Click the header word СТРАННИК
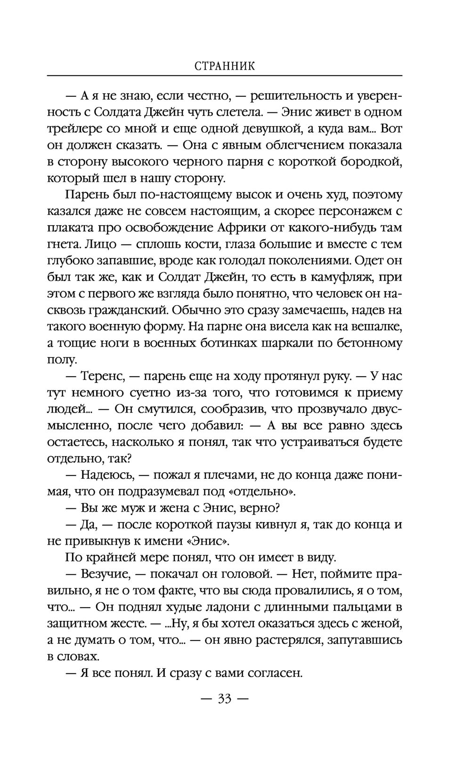pyautogui.click(x=225, y=66)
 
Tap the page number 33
pyautogui.click(x=224, y=699)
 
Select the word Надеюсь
pyautogui.click(x=106, y=475)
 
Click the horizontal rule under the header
pyautogui.click(x=225, y=75)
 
